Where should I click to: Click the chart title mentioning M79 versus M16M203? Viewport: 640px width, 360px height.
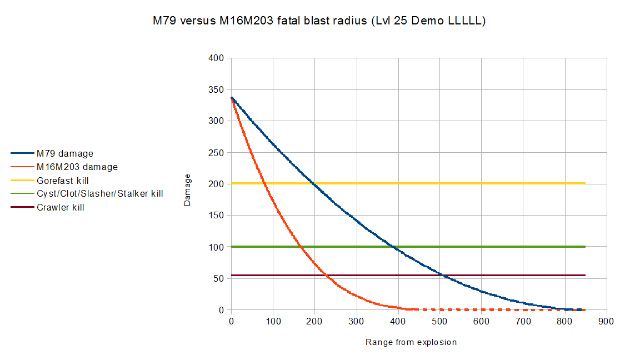319,22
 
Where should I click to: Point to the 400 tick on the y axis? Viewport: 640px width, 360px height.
216,58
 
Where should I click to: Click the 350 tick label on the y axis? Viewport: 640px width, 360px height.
216,89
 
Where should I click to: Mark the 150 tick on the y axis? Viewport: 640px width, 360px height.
216,216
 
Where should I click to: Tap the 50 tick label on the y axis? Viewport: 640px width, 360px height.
218,278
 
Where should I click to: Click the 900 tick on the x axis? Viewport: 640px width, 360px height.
606,321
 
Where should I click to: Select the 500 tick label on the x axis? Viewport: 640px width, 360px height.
439,321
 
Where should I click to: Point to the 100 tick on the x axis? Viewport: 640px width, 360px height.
273,321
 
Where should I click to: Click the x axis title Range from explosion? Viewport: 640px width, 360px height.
411,342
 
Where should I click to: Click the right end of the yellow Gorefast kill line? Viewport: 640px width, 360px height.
585,183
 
